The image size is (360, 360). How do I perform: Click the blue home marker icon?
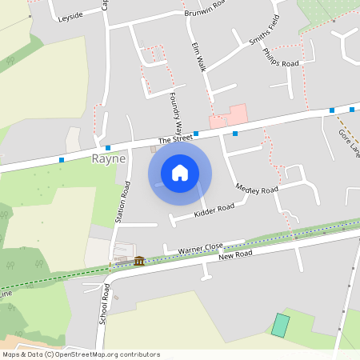(180, 173)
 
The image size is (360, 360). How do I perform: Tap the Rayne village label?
(109, 158)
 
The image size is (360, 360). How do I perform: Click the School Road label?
(103, 303)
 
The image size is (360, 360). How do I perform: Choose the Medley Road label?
(257, 189)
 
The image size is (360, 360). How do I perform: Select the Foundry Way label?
(176, 114)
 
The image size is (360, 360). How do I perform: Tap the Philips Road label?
(280, 58)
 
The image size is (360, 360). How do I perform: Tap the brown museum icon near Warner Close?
(139, 261)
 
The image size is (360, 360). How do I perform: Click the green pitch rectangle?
(280, 325)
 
